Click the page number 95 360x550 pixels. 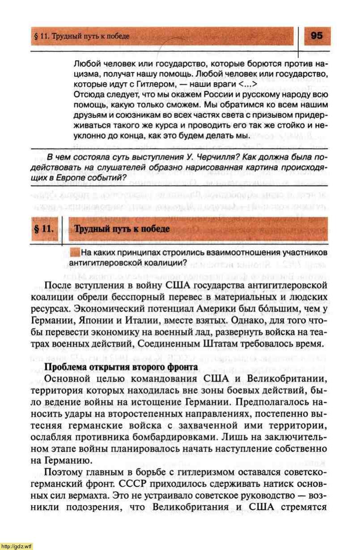(316, 36)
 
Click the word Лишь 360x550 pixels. (237, 436)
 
